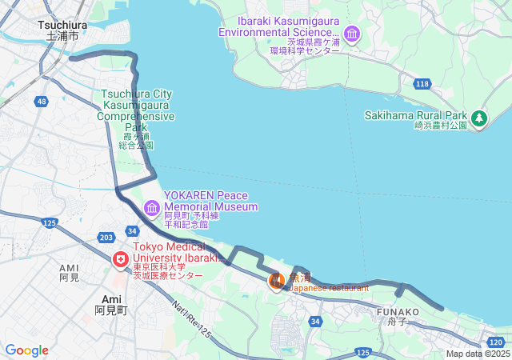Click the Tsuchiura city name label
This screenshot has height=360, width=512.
click(x=57, y=25)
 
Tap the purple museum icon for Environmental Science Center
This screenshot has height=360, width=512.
click(x=352, y=34)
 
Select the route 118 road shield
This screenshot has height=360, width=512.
click(x=422, y=84)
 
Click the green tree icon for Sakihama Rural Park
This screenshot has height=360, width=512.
click(x=479, y=119)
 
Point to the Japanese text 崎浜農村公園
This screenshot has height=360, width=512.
click(x=440, y=126)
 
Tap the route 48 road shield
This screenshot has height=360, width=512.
click(x=41, y=102)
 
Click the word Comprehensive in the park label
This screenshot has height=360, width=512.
click(x=136, y=116)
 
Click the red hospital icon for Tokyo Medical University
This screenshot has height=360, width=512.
click(x=121, y=260)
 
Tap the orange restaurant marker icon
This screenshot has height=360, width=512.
click(x=276, y=281)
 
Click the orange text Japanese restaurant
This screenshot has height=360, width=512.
click(x=329, y=287)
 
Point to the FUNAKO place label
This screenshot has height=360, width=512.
click(x=398, y=312)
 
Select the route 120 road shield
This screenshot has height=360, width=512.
click(x=495, y=342)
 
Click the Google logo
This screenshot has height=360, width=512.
click(x=26, y=350)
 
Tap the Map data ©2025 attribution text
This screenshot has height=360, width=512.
click(x=477, y=354)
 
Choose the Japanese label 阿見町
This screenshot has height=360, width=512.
click(x=111, y=310)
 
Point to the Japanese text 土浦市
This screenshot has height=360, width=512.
click(x=62, y=36)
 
